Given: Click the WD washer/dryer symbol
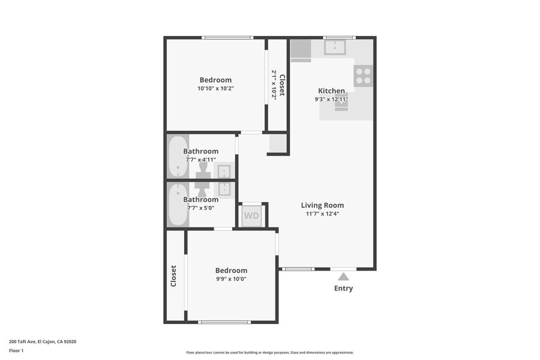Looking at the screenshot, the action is (x=251, y=215).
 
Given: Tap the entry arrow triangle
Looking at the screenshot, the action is (x=343, y=277).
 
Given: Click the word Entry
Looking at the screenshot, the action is (x=343, y=288).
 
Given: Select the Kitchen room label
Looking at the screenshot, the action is (x=331, y=91).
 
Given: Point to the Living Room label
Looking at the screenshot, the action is (x=322, y=205).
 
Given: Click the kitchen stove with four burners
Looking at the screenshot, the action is (x=363, y=76).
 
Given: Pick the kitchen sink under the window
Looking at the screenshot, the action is (x=335, y=47).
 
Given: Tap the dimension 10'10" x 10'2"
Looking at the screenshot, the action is (x=215, y=89).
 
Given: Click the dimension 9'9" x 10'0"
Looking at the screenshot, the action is (x=231, y=279).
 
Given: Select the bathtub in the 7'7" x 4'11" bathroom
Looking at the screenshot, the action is (x=178, y=157).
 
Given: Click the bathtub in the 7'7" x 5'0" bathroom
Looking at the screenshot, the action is (x=178, y=205).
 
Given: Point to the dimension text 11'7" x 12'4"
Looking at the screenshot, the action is (x=322, y=214).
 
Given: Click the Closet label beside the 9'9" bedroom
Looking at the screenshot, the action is (x=173, y=276).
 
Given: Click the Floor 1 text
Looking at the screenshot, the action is (x=16, y=350).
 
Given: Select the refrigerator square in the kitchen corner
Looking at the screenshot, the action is (x=301, y=49).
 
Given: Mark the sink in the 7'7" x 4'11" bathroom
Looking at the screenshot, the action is (x=224, y=171).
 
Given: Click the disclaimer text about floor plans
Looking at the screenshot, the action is (x=270, y=352).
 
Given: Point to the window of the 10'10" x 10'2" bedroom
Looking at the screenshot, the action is (x=227, y=38).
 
